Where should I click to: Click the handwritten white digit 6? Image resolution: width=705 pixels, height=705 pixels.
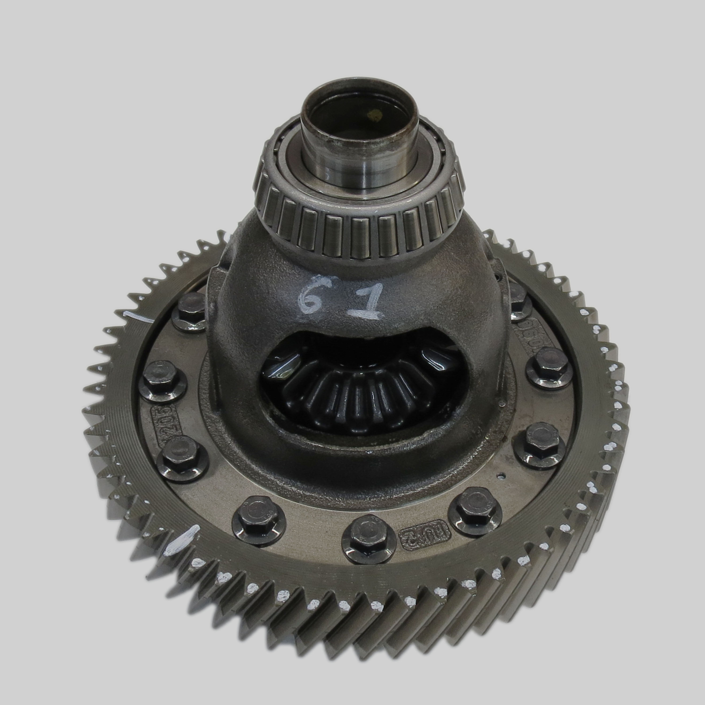point(308,298)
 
